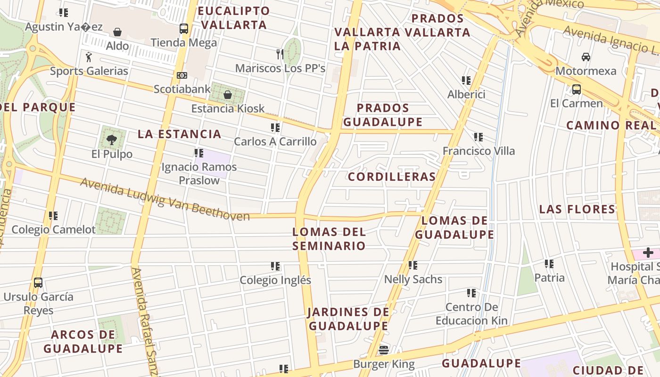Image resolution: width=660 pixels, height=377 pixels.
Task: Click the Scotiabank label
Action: [x=182, y=89]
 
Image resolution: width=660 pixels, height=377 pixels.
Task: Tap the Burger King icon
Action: [x=384, y=350]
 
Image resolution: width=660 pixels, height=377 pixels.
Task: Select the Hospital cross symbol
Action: [x=648, y=253]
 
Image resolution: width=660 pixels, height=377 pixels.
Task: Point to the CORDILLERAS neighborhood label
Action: [x=392, y=177]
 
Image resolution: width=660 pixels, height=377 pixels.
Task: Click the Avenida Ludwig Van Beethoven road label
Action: [x=165, y=199]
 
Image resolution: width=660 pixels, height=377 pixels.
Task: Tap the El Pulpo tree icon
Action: [x=112, y=139]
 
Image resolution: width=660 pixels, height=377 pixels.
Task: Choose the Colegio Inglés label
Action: [x=275, y=280]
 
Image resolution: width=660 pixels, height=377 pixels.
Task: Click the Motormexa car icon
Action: [x=586, y=57]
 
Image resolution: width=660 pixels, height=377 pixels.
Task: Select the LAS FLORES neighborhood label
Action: [x=577, y=209]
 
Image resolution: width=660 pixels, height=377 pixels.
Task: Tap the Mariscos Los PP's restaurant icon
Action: [x=280, y=54]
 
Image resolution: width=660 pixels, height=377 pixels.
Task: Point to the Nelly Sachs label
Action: [x=413, y=279]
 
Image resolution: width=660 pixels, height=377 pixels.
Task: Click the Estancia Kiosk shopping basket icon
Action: [x=228, y=95]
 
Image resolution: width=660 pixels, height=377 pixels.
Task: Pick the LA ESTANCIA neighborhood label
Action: [x=180, y=134]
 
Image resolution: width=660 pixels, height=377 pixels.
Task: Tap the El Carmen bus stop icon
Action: [x=576, y=89]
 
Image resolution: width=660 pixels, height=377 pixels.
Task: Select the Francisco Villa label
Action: [x=478, y=151]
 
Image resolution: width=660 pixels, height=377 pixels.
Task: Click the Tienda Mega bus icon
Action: [x=184, y=29]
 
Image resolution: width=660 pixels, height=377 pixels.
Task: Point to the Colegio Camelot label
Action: [x=53, y=229]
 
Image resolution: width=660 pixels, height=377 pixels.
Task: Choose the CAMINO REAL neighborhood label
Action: [x=611, y=125]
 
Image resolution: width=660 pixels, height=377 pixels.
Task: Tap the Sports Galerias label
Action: [x=89, y=71]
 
